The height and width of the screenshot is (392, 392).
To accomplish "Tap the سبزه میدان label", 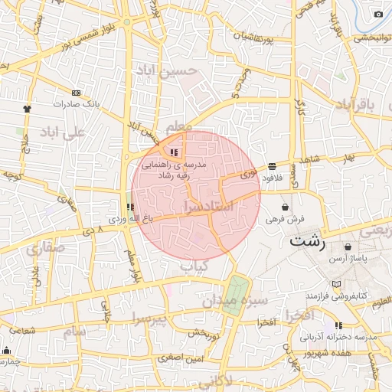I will (x=235, y=301).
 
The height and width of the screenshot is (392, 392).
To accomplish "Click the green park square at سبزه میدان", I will (x=237, y=289).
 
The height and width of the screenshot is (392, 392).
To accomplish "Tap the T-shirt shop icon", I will (x=28, y=109).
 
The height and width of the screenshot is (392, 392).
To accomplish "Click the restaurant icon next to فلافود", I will (x=273, y=166).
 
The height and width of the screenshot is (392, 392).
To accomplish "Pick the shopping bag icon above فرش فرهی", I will (x=286, y=206).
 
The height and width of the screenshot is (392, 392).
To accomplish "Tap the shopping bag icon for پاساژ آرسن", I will (x=348, y=247).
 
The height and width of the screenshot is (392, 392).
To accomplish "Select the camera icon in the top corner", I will (x=378, y=14).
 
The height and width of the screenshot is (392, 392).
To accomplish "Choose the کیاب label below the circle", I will (x=194, y=266).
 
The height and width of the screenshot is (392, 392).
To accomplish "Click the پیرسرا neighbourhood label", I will (x=148, y=317).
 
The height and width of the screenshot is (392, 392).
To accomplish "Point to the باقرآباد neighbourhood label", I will (x=358, y=104).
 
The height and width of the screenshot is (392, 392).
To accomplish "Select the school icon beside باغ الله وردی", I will (x=130, y=207).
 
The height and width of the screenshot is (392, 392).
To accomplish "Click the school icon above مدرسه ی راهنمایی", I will (x=175, y=152).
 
